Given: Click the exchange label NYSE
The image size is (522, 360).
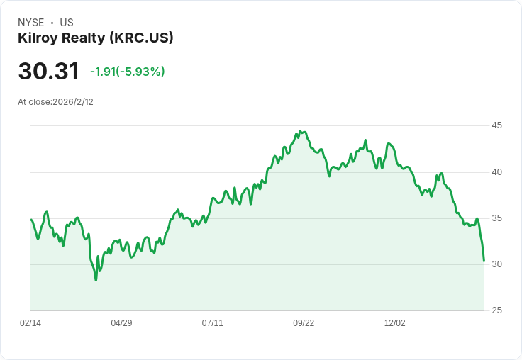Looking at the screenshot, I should (x=31, y=23).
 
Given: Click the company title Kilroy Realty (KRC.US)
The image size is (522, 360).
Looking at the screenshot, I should (x=96, y=38).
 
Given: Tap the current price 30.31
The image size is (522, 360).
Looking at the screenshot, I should (x=48, y=71).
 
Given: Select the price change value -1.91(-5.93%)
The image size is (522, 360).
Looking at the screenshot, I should (x=128, y=72).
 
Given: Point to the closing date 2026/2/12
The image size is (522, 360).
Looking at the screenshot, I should (x=73, y=102).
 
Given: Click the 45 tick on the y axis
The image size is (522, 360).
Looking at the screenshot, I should (x=497, y=125).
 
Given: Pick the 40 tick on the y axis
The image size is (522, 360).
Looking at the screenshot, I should (x=497, y=171).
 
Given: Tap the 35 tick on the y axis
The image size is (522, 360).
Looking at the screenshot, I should (x=497, y=218).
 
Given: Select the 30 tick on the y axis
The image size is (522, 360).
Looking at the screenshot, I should (x=497, y=264).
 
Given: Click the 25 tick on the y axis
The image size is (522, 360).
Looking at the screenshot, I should (x=497, y=310).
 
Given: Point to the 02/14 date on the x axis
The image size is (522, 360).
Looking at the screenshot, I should (x=30, y=323).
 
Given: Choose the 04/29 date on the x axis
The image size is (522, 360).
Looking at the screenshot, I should (x=121, y=323).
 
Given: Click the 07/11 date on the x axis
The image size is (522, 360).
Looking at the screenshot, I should (x=213, y=323).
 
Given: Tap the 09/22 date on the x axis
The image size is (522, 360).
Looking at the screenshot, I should (x=304, y=323).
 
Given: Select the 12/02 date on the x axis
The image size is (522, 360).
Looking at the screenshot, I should (x=395, y=323).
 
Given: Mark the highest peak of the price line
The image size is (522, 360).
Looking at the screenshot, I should (x=300, y=131).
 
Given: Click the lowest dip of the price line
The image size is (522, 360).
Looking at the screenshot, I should (x=96, y=280).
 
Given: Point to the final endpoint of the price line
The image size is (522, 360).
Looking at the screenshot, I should (x=484, y=261).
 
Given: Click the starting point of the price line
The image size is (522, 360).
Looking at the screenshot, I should (x=30, y=220).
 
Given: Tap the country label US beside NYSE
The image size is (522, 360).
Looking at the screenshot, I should (x=67, y=23).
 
